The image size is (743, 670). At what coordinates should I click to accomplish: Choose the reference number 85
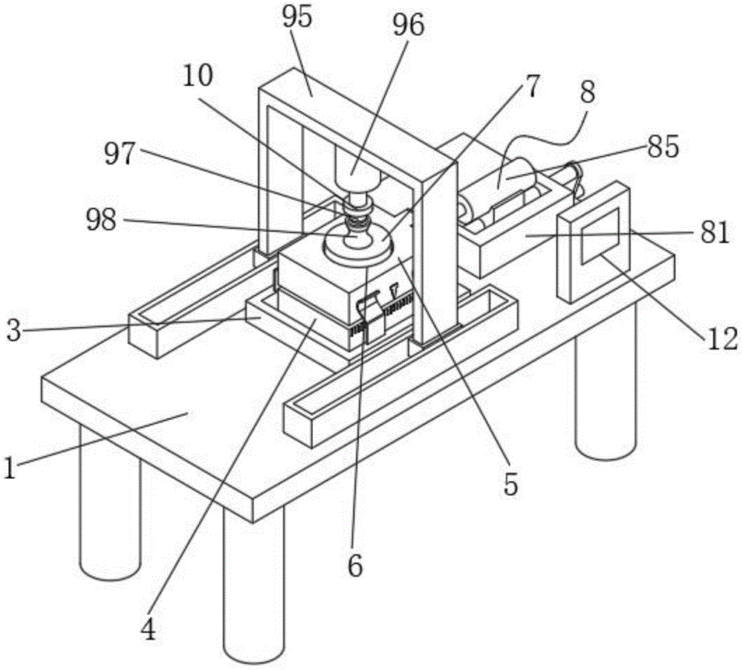point(662,147)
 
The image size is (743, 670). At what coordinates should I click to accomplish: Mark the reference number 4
point(148,631)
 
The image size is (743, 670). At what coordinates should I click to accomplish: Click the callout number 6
point(355,567)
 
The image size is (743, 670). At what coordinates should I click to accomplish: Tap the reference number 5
point(509,484)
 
